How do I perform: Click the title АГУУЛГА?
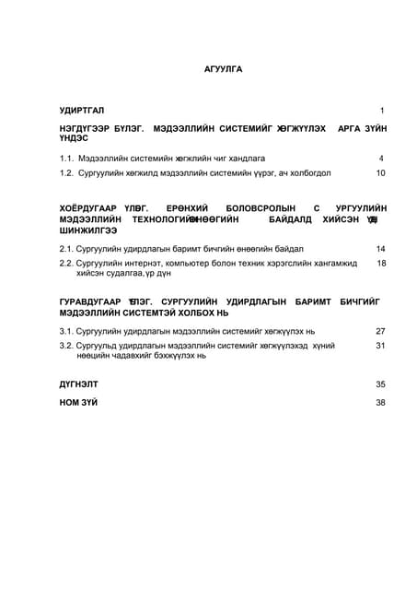click(x=223, y=69)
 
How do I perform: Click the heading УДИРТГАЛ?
click(x=82, y=110)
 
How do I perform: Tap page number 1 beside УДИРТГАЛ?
click(x=381, y=110)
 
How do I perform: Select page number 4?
click(x=381, y=158)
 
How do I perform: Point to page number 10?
click(x=380, y=172)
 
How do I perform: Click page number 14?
click(x=380, y=249)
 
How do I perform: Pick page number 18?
click(x=380, y=264)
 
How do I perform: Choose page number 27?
click(x=380, y=330)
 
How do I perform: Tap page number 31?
click(x=380, y=345)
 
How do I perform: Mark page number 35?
click(x=380, y=383)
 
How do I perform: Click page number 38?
click(x=380, y=402)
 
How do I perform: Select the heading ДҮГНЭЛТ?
click(x=79, y=383)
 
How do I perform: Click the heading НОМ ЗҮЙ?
click(x=79, y=402)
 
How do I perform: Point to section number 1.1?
click(x=66, y=158)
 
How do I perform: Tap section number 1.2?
click(x=66, y=172)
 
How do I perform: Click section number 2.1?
click(x=66, y=249)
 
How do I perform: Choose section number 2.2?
click(x=66, y=264)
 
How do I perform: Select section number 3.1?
click(x=66, y=330)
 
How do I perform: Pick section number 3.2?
click(x=66, y=345)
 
